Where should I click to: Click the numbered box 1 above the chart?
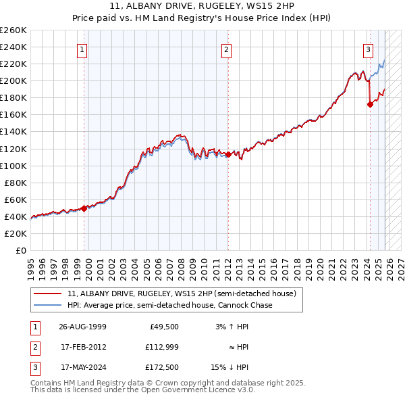(x=82, y=49)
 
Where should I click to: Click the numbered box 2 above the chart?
(x=227, y=49)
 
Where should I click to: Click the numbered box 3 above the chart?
(x=369, y=49)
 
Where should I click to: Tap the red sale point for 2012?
(x=228, y=154)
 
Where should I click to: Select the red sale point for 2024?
(x=370, y=104)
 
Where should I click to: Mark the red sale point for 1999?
(x=84, y=208)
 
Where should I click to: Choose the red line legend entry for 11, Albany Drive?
(x=182, y=294)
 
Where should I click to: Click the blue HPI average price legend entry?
(x=169, y=305)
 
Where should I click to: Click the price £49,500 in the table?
(x=163, y=326)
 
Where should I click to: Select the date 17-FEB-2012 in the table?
(x=82, y=347)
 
